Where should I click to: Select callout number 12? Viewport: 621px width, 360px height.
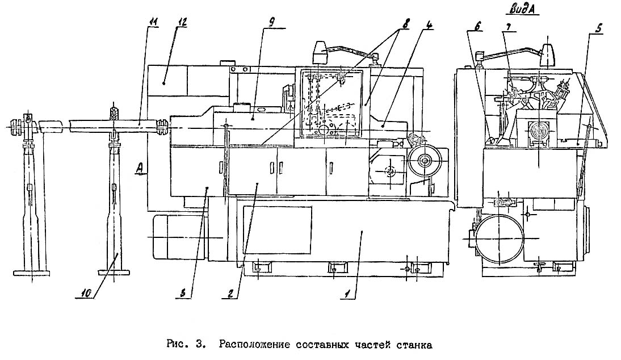click(x=181, y=22)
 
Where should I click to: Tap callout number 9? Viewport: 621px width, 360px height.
click(x=272, y=22)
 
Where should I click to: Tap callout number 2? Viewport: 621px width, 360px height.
click(x=230, y=294)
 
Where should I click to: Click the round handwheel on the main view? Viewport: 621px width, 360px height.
click(x=423, y=161)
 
